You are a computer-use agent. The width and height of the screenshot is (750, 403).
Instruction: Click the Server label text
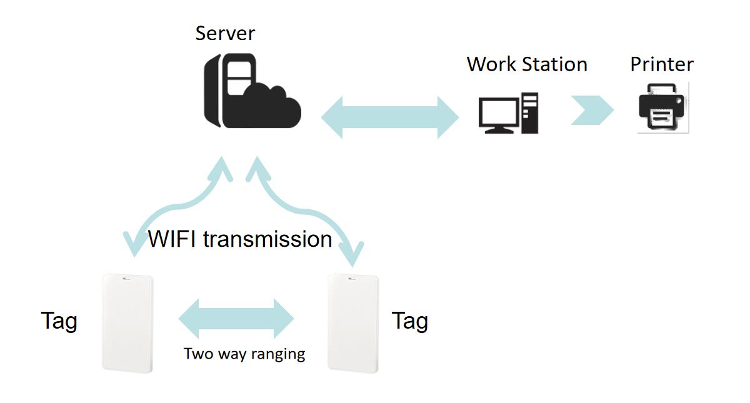[225, 34]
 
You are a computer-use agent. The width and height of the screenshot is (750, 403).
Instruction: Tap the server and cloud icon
[252, 91]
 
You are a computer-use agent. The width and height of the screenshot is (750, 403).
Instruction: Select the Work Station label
[527, 64]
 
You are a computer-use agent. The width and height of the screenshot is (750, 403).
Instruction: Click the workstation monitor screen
[499, 112]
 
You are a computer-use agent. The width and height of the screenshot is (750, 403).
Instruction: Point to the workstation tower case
[530, 113]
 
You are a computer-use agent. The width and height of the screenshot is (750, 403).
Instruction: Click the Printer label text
[662, 64]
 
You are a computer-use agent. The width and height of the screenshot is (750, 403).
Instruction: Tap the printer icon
[662, 107]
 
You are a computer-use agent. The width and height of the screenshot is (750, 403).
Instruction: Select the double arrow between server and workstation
[390, 117]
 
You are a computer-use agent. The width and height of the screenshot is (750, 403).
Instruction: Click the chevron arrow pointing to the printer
[592, 110]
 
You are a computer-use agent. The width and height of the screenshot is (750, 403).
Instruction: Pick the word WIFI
[172, 239]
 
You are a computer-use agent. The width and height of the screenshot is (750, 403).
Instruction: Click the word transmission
[267, 239]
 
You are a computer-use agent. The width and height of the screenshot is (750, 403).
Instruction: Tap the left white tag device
[127, 324]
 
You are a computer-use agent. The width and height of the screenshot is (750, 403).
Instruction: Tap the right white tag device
[353, 324]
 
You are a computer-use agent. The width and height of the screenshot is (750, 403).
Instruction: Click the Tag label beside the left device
[59, 321]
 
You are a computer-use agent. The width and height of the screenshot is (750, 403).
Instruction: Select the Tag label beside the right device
[410, 321]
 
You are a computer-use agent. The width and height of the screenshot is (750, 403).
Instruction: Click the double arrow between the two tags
[236, 319]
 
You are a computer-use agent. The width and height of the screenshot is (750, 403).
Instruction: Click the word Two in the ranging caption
[198, 354]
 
